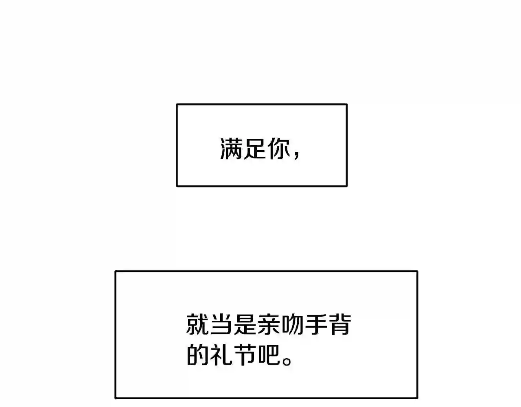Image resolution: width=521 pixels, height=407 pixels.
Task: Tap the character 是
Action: (245, 324)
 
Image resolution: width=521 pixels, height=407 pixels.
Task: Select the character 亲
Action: (269, 324)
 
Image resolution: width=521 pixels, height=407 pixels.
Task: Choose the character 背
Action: (340, 324)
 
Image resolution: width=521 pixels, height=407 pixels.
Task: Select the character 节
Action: (245, 355)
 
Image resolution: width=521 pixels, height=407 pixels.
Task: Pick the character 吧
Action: (269, 355)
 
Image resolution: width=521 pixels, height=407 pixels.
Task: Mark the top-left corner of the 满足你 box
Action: (177, 104)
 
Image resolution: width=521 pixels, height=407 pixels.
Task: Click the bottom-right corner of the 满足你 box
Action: (347, 186)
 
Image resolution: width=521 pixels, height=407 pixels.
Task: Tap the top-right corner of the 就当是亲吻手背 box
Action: (418, 271)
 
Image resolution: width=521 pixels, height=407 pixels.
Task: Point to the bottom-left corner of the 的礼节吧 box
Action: (115, 398)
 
